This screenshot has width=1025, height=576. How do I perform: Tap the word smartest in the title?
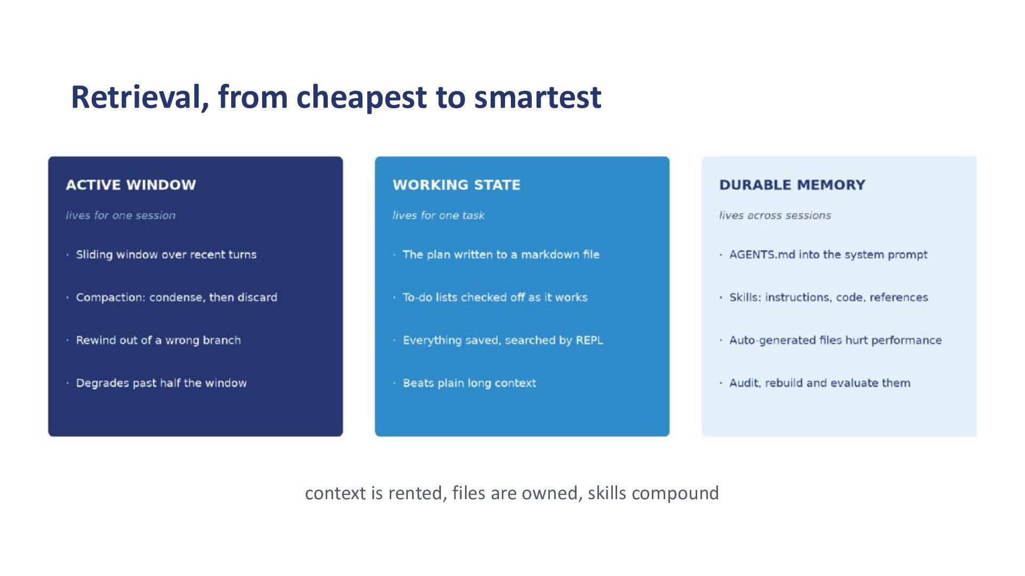click(x=538, y=97)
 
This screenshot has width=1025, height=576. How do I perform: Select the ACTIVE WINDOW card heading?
click(x=131, y=185)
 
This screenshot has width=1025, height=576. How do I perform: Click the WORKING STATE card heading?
click(x=456, y=185)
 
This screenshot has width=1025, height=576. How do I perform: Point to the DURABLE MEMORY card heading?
click(x=792, y=185)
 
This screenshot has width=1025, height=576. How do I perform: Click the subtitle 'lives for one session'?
click(x=121, y=215)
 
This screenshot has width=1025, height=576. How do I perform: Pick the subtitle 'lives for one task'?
click(x=438, y=215)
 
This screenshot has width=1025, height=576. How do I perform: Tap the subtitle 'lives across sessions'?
click(x=775, y=215)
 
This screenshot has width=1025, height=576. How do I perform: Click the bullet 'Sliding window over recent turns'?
click(x=166, y=254)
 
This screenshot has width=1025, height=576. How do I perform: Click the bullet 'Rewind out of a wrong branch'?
click(x=159, y=340)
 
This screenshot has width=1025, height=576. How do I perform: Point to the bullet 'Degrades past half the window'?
click(x=161, y=383)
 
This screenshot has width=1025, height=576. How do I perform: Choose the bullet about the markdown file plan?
click(x=501, y=254)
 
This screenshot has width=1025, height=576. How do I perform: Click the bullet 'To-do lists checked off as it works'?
click(x=495, y=298)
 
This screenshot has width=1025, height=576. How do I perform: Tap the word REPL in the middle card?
click(x=589, y=340)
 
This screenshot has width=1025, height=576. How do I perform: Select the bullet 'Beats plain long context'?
click(x=469, y=383)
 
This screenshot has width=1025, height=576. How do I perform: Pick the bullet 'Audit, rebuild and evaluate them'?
click(x=820, y=383)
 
